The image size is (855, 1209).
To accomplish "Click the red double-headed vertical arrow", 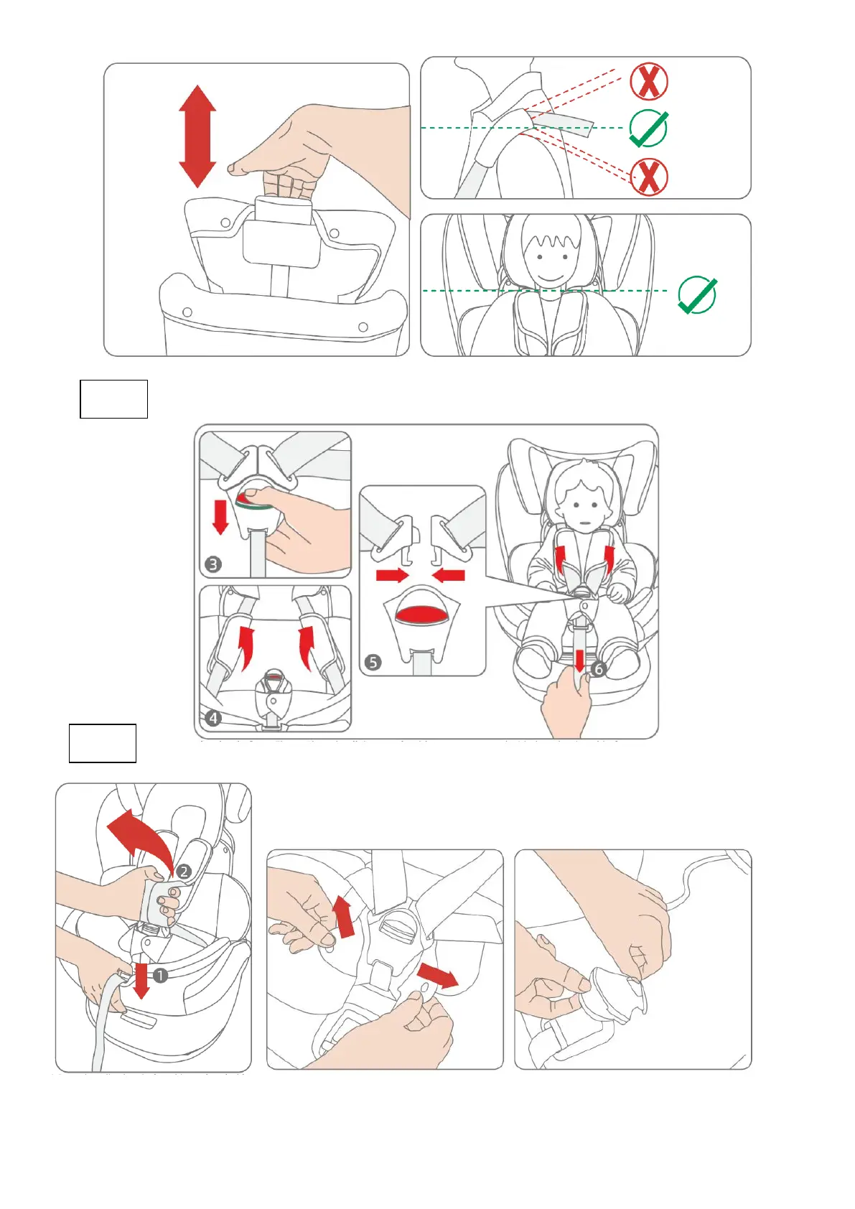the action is (197, 136).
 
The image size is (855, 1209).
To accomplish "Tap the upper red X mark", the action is (649, 80).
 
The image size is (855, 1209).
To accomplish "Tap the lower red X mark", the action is (649, 177).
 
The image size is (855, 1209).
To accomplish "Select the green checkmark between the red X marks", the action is (648, 129).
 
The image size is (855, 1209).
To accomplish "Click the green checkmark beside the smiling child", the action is (697, 294).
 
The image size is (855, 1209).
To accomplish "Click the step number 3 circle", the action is (213, 564).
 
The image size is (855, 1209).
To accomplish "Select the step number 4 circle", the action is (213, 717).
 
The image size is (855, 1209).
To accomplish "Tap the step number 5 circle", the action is (373, 662).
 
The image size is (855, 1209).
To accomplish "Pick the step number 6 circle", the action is (599, 669).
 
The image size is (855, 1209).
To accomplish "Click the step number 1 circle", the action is (160, 976).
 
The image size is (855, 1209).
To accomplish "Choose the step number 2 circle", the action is (184, 872).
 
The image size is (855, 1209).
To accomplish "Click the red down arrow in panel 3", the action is (220, 517).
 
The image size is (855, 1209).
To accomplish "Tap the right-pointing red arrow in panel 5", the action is (392, 574).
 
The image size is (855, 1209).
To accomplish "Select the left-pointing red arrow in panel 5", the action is (449, 574).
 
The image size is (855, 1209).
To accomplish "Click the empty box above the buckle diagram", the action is (113, 399).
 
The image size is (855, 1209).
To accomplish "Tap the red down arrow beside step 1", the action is (141, 981).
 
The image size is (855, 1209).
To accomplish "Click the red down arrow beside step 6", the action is (580, 660).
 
